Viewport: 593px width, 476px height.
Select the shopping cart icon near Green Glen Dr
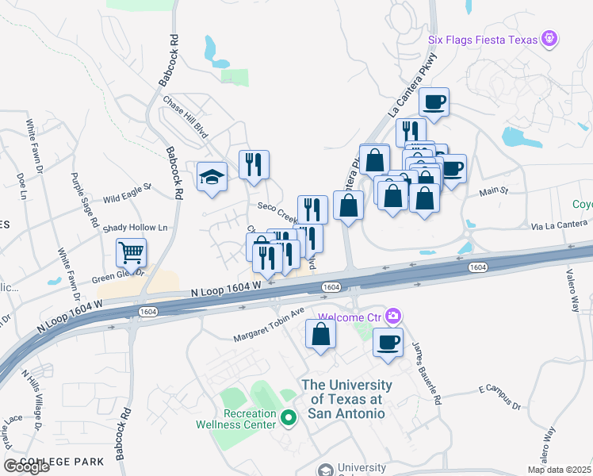132,253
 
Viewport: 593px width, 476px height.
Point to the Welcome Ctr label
350,317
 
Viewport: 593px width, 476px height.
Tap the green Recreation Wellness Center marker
289,416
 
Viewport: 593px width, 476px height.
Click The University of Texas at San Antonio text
343,399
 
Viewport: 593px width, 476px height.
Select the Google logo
26,466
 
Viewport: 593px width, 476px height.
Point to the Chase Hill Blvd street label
185,116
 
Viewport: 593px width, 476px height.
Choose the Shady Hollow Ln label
136,228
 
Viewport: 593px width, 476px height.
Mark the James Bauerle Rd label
426,373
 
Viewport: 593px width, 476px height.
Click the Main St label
492,191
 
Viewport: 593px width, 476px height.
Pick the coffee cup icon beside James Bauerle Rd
388,343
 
